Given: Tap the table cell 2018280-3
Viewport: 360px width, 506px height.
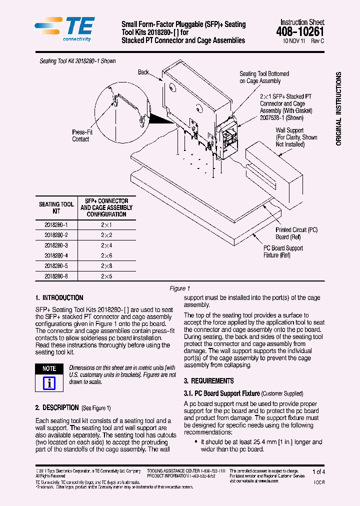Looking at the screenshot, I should point(56,245).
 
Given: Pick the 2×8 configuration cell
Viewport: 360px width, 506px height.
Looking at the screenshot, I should point(106,265).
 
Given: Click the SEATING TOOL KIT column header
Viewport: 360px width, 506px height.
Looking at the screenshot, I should point(56,207).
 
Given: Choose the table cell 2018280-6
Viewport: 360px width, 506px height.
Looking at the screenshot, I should point(56,276).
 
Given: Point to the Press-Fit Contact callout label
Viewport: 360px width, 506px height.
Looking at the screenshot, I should point(81,135).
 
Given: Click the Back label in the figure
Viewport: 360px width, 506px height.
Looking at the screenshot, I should point(143,72).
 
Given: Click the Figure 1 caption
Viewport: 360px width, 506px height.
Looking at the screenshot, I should point(180,288).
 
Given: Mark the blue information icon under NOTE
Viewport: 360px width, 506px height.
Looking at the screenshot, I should point(49,383).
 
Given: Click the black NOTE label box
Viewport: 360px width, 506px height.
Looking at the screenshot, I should point(49,368).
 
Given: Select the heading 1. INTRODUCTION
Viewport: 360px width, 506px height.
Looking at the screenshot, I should point(59,297).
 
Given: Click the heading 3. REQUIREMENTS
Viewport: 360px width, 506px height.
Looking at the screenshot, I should point(209,380).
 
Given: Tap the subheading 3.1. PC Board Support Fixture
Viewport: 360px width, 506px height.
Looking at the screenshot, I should point(221,393).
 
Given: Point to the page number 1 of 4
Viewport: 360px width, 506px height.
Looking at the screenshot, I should point(318,471).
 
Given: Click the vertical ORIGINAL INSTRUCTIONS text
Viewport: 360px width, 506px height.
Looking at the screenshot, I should point(338,109).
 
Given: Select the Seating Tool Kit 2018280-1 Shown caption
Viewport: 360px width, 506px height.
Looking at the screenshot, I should point(77,61).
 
